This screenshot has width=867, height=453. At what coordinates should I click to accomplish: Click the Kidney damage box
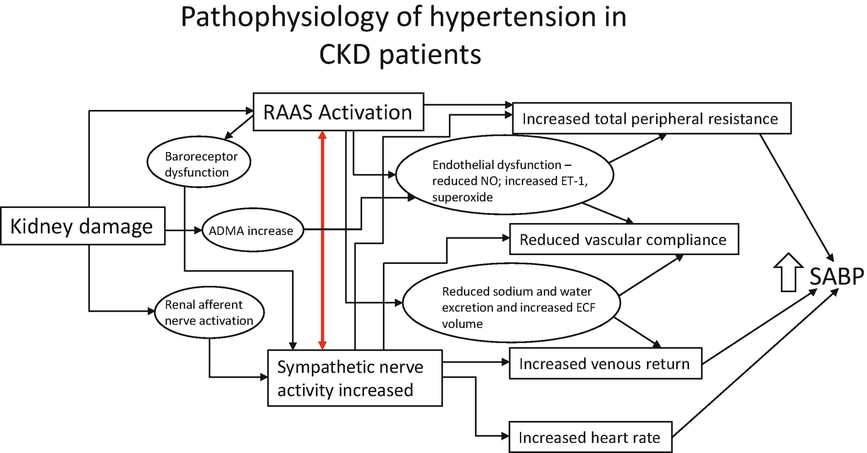coord(82,227)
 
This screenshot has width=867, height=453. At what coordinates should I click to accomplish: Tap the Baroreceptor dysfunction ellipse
coord(197,164)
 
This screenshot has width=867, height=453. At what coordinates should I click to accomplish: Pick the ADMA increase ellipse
coord(251,231)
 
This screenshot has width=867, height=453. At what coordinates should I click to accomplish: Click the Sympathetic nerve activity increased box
coord(355,378)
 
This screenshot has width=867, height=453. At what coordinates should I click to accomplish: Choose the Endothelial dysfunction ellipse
coord(503,181)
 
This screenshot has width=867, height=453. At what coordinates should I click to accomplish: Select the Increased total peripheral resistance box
coord(651,119)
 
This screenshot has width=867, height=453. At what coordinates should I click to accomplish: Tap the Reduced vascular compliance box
coord(623,239)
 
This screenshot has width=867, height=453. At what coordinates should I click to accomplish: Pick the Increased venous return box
coord(605,364)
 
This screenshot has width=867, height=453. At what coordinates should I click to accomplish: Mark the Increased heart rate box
coord(590,437)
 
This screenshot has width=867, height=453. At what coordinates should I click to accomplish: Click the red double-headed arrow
coord(323,240)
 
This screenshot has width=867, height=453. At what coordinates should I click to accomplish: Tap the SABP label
coord(836,276)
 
